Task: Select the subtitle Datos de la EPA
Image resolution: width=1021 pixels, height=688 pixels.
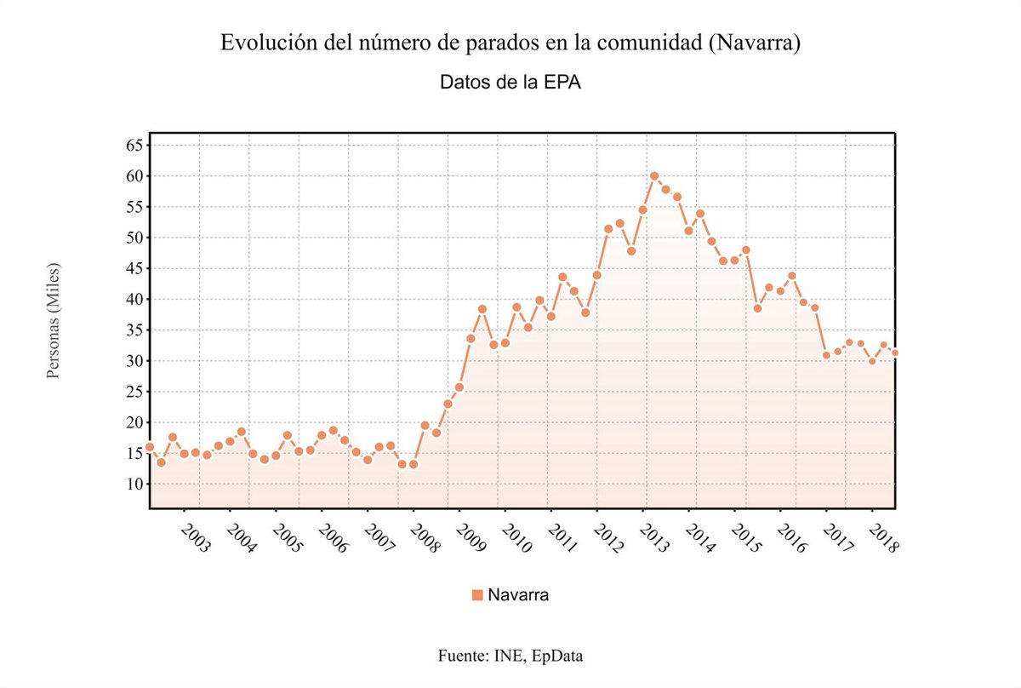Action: point(510,83)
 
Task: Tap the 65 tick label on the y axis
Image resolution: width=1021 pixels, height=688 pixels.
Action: point(135,146)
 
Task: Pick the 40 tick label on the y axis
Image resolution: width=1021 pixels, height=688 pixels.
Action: point(135,300)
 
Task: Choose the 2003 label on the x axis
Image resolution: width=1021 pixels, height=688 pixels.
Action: point(196,539)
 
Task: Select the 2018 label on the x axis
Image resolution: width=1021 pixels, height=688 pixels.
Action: point(885,539)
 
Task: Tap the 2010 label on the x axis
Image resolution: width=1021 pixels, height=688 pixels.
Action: point(517,539)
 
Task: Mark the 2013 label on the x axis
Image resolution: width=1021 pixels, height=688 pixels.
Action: point(655,539)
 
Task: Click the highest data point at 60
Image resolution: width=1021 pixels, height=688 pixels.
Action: point(654,176)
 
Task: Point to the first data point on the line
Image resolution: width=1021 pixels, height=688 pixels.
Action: point(150,447)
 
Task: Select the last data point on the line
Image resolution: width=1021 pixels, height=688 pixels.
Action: point(895,353)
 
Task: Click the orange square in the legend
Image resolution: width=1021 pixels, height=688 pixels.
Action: point(477,594)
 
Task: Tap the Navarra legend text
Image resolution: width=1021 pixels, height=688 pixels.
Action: point(518,594)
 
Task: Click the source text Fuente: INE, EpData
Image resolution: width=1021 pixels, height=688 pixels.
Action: point(510,656)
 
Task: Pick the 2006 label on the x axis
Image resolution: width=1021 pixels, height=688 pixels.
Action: point(334,539)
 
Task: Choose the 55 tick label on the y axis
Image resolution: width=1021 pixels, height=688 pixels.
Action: point(135,207)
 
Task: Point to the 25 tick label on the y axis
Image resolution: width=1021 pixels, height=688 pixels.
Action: point(135,392)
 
